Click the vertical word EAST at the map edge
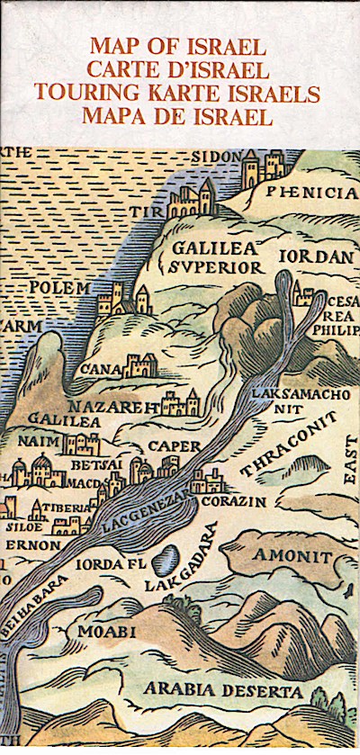[350, 472]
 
